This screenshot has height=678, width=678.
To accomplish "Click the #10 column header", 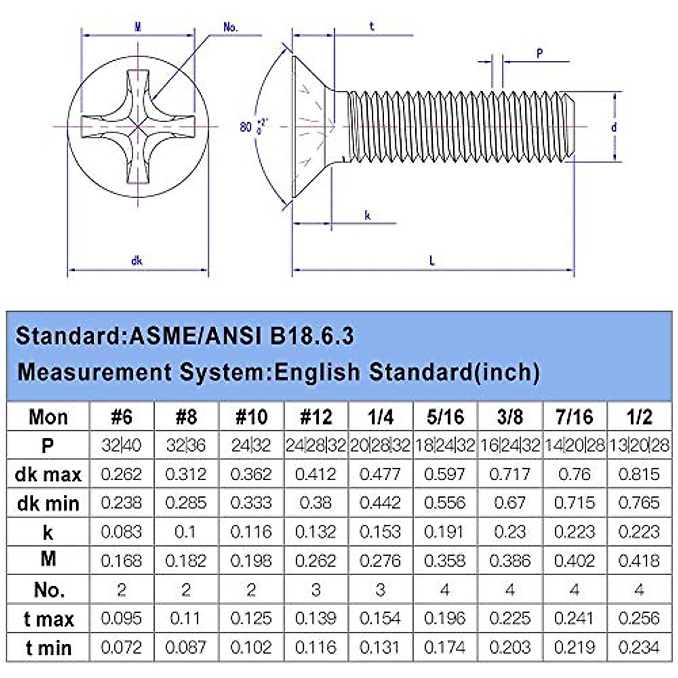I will (251, 418).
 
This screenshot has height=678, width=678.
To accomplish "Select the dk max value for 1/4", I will (380, 474).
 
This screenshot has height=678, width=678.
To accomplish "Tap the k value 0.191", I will (445, 532).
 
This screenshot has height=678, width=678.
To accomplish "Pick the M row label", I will (48, 559).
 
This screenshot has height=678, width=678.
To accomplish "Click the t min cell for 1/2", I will (638, 647).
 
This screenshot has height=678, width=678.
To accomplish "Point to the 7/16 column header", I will (574, 418).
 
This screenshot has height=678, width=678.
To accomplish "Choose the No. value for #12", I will (316, 590).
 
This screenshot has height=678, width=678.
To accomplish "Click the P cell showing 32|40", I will (121, 446).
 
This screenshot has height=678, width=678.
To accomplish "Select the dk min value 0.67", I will (509, 503).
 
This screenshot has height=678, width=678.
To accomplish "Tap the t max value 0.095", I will (121, 618).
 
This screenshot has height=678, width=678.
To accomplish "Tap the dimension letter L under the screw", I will (432, 260).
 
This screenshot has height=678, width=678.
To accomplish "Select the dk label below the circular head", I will (137, 260).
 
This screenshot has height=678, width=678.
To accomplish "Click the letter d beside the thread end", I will (614, 127).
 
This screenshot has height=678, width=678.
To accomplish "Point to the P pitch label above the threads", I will (540, 54).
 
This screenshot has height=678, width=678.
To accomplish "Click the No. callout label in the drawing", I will (231, 27).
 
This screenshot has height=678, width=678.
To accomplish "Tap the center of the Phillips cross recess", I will (138, 127).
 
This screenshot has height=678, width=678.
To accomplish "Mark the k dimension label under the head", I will (367, 215).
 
